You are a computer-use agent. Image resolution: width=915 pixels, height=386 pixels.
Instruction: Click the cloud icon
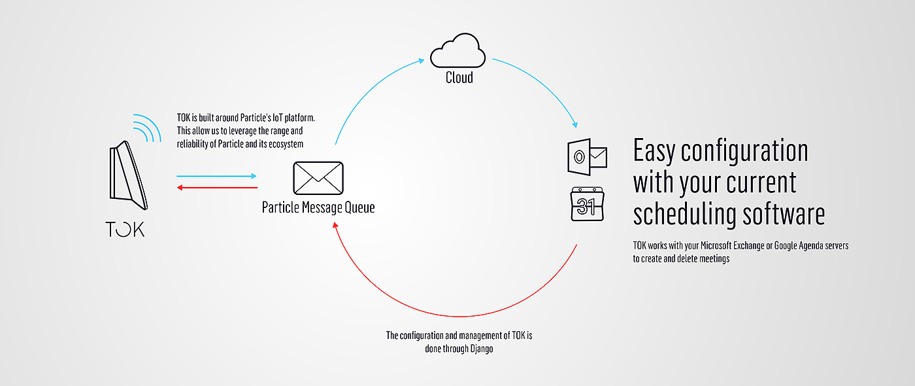tap(457, 51)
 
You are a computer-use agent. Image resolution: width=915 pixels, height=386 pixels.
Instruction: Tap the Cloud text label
tap(459, 78)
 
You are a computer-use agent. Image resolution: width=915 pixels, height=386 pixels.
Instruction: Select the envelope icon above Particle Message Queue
tap(318, 178)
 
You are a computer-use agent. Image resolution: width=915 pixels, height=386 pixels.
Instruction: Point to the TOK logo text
tap(125, 229)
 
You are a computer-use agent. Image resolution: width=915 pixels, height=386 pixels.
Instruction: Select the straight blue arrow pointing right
tap(217, 176)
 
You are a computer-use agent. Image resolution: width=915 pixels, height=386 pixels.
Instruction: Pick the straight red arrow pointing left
tap(217, 188)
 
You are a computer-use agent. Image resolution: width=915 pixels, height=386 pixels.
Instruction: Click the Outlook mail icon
tap(588, 156)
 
